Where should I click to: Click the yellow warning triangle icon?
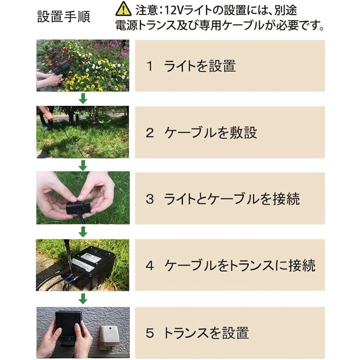123,9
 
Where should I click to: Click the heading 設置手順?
64,17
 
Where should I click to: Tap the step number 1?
149,66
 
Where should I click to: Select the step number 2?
150,133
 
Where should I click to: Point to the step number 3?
150,199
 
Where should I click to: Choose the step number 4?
150,265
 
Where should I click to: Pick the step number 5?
150,333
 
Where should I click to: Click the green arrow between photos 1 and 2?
83,99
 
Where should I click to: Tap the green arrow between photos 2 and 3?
83,165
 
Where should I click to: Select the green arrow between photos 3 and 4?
83,232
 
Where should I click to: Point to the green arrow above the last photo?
83,299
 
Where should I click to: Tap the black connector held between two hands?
78,208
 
